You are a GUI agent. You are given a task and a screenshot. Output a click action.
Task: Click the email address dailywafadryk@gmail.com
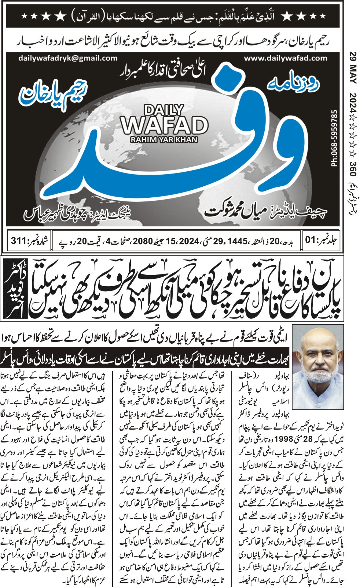pyautogui.click(x=67, y=58)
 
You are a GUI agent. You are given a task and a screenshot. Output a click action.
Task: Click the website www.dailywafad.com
pyautogui.click(x=286, y=58)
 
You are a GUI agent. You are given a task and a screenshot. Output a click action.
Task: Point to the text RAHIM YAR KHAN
pyautogui.click(x=164, y=139)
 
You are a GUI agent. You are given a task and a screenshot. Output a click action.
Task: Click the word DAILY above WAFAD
pyautogui.click(x=164, y=110)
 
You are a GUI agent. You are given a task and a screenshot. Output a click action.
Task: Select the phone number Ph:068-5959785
pyautogui.click(x=334, y=139)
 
